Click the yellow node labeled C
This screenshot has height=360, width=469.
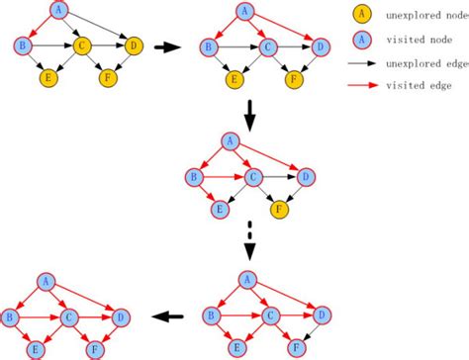tap(82, 45)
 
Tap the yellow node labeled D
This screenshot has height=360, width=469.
tap(133, 45)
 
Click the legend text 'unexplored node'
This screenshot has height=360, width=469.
tap(421, 16)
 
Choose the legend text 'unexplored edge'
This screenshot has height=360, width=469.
tap(421, 63)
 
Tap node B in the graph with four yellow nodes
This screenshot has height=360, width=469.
tap(23, 45)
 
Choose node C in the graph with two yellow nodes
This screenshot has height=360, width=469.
tap(268, 45)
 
